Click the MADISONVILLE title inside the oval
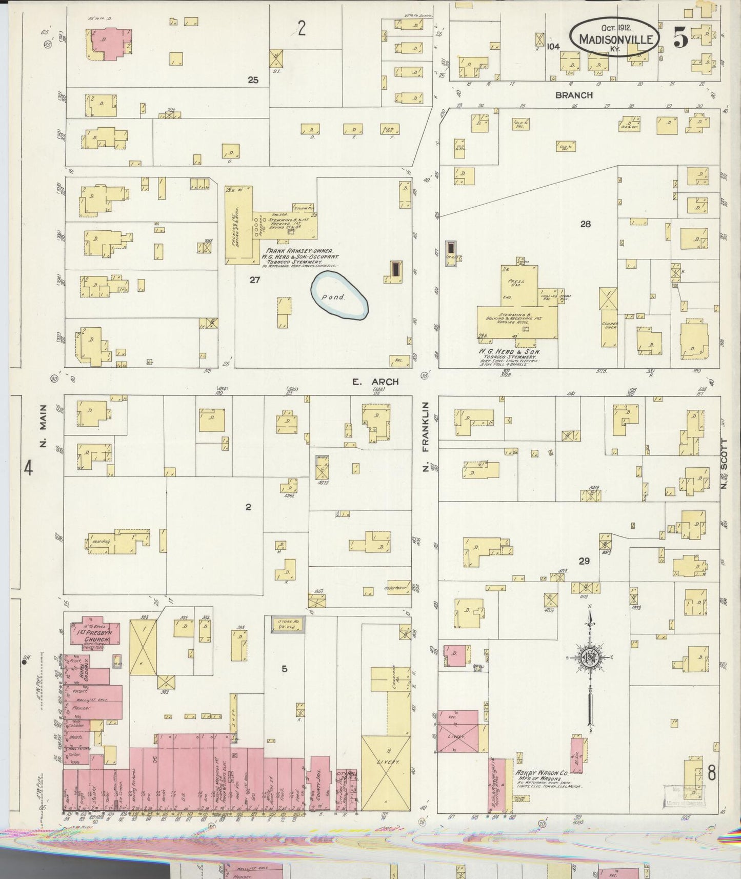[615, 39]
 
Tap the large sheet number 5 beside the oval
[680, 37]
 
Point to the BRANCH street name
[574, 95]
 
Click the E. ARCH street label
[375, 382]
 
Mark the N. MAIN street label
[43, 425]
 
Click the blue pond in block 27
[339, 296]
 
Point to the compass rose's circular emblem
[590, 658]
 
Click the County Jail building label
[321, 784]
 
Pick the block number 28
[585, 224]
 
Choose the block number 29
[584, 561]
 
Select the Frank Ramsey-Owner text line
[299, 251]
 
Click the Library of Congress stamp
[684, 795]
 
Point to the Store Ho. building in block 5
[289, 624]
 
